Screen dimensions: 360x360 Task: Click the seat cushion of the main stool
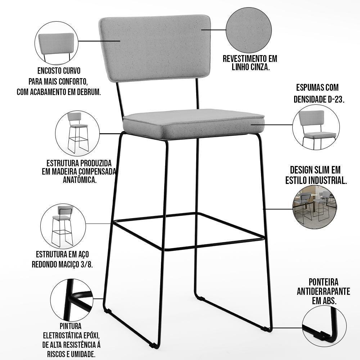point(194,124)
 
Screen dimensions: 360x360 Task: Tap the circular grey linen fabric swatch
point(249,30)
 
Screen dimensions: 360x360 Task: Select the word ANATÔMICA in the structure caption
point(80,180)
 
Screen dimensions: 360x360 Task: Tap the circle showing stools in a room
point(315,207)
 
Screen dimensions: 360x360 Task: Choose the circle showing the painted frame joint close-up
point(72,301)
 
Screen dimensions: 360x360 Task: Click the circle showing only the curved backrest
point(57,43)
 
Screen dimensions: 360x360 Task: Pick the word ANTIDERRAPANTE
point(324,291)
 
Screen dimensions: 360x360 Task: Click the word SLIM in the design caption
point(319,170)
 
